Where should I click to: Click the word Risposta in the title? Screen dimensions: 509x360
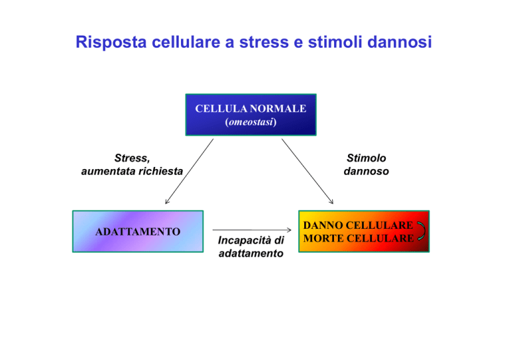click(x=111, y=42)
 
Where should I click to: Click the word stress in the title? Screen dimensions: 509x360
click(x=264, y=42)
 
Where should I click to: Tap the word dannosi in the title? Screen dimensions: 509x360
click(x=400, y=42)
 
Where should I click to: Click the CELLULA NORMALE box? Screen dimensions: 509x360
click(x=251, y=115)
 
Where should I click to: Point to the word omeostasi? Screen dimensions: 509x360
click(x=251, y=122)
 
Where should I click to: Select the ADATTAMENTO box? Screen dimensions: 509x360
click(x=138, y=231)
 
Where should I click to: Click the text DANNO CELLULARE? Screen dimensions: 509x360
click(x=358, y=225)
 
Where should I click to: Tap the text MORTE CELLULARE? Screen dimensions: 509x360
click(x=359, y=238)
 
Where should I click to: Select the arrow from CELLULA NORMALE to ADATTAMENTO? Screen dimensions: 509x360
click(x=190, y=172)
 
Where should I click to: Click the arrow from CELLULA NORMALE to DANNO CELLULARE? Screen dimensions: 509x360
click(x=308, y=172)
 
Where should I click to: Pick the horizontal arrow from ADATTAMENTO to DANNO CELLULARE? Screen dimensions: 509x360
click(x=252, y=230)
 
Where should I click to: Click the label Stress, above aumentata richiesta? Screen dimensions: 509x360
click(x=132, y=158)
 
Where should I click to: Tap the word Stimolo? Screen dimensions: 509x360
click(x=367, y=158)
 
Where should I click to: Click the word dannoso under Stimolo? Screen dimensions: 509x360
click(x=367, y=171)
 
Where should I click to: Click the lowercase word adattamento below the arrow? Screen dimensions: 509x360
click(x=251, y=253)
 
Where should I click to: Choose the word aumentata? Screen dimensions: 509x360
click(x=109, y=171)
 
